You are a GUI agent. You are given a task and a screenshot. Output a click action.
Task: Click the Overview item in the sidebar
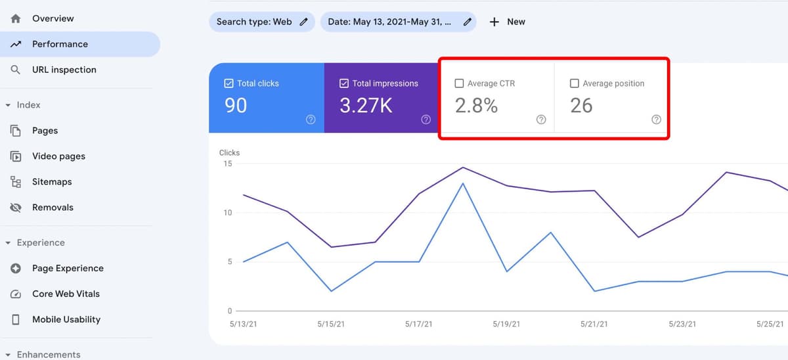click(x=53, y=18)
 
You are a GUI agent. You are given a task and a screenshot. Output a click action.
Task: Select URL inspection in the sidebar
click(x=64, y=70)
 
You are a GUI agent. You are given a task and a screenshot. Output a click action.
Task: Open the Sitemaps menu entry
click(x=52, y=182)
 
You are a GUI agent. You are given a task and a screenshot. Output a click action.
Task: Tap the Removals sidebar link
click(x=53, y=208)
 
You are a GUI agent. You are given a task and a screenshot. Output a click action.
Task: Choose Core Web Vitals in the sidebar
click(x=66, y=294)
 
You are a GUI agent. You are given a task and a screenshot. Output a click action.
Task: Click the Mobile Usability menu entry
click(x=66, y=319)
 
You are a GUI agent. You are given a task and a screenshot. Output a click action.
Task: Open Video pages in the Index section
click(x=58, y=156)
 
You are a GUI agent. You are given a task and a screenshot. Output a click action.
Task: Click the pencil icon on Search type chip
click(x=303, y=22)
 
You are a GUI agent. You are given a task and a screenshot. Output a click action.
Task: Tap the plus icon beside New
click(x=494, y=22)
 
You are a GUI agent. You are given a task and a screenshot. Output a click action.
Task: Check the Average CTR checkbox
click(x=460, y=83)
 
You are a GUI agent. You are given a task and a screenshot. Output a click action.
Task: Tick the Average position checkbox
click(x=575, y=83)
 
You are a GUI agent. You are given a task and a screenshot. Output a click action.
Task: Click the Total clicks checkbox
click(x=229, y=83)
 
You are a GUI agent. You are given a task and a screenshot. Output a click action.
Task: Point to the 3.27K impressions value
click(x=366, y=105)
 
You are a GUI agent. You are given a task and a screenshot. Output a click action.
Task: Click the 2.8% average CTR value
click(x=476, y=105)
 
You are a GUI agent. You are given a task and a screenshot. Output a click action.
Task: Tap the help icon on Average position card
click(x=656, y=120)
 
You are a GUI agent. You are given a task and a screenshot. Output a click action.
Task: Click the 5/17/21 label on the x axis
click(x=419, y=324)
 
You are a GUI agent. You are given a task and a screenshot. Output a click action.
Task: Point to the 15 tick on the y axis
click(x=227, y=164)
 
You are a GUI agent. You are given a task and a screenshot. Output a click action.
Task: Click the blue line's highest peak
click(x=463, y=183)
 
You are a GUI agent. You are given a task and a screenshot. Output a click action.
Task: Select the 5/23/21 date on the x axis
click(x=683, y=324)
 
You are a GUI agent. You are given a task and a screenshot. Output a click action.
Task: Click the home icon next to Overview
click(x=16, y=18)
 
